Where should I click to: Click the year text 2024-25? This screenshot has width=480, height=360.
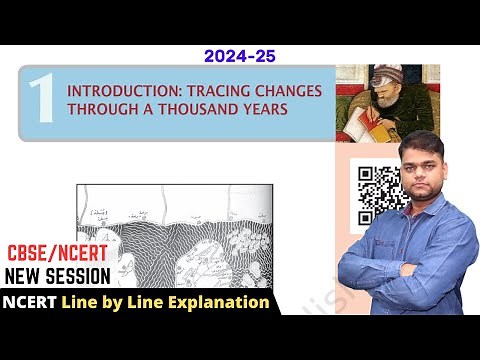pos(239,56)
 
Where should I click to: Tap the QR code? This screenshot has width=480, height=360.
pos(379,195)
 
